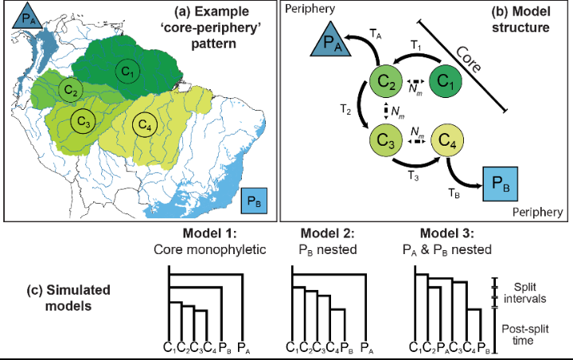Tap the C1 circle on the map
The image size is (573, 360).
125,69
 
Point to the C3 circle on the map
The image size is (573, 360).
81,121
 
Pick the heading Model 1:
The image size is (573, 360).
194,235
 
